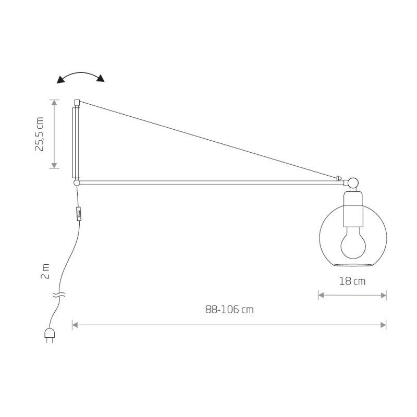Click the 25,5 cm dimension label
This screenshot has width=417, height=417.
[x=39, y=134]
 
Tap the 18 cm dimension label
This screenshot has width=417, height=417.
[x=352, y=281]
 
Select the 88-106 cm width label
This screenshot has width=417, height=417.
[x=229, y=309]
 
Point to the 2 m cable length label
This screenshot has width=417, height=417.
[x=45, y=271]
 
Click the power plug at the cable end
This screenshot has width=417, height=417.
[x=50, y=335]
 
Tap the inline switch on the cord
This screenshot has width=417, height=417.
[x=79, y=214]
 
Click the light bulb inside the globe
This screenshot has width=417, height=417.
[x=353, y=242]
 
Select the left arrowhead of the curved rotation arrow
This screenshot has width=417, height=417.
[x=60, y=80]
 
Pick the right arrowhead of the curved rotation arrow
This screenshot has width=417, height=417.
[x=101, y=78]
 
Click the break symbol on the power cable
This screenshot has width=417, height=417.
[x=59, y=295]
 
